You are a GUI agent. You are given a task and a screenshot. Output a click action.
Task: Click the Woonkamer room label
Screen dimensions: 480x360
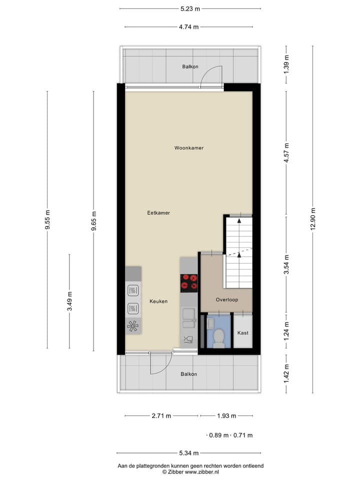[189, 148]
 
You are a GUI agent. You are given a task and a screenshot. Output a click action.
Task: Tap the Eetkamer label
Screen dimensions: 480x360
[158, 213]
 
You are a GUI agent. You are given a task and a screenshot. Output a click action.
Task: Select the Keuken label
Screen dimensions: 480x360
[158, 301]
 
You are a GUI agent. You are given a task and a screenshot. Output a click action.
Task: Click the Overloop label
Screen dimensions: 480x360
[226, 300]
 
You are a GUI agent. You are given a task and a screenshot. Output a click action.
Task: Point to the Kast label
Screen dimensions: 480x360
[243, 333]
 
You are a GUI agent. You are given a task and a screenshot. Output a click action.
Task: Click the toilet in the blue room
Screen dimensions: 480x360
[218, 338]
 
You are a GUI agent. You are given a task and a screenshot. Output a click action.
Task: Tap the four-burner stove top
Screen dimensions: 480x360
[189, 282]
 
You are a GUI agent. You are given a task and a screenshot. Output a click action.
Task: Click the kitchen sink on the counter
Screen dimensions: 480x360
[189, 314]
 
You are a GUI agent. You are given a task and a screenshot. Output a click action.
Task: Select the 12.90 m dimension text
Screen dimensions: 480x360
[313, 218]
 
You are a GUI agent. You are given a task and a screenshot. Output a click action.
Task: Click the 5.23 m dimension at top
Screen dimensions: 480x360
[190, 8]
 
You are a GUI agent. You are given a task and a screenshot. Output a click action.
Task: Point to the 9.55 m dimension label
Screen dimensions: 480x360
[47, 218]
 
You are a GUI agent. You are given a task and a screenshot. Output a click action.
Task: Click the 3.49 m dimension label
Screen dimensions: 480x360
[69, 300]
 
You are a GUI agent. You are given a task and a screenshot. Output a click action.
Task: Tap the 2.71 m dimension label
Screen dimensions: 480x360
[161, 415]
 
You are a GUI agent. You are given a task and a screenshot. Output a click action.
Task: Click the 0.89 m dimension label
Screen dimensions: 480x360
[219, 435]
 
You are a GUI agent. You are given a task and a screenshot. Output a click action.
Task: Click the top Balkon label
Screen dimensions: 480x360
[190, 66]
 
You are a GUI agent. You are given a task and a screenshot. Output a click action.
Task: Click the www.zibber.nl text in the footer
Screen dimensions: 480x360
[202, 471]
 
